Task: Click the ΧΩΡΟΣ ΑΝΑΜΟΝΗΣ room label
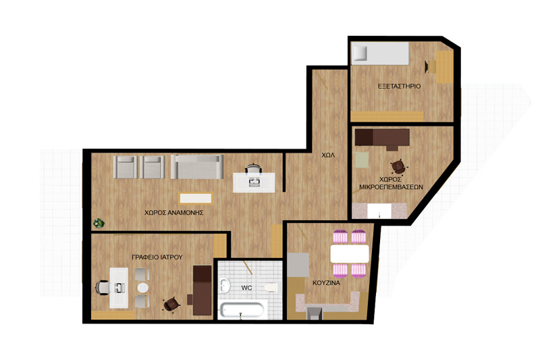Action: click(x=173, y=213)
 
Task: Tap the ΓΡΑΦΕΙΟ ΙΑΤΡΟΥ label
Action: click(x=157, y=257)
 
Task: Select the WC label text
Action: click(x=246, y=288)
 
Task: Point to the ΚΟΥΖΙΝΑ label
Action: click(x=326, y=283)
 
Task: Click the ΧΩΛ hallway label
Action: click(x=328, y=155)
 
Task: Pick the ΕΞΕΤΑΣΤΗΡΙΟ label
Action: click(x=399, y=86)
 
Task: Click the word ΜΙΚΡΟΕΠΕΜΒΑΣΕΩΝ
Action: click(x=391, y=187)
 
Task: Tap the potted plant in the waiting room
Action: click(x=99, y=224)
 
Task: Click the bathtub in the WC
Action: click(x=242, y=310)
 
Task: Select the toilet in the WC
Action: click(x=271, y=287)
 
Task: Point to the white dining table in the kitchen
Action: click(x=349, y=253)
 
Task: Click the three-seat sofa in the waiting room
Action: click(x=197, y=167)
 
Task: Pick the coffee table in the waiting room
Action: click(x=196, y=198)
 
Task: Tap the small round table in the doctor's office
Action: click(x=142, y=287)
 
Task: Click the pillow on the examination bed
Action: click(x=360, y=53)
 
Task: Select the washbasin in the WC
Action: click(x=225, y=285)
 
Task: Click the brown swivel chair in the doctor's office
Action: click(x=171, y=304)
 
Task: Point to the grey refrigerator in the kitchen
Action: click(x=298, y=265)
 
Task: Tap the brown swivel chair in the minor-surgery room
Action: click(x=398, y=167)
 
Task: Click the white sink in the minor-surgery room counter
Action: click(x=379, y=211)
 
